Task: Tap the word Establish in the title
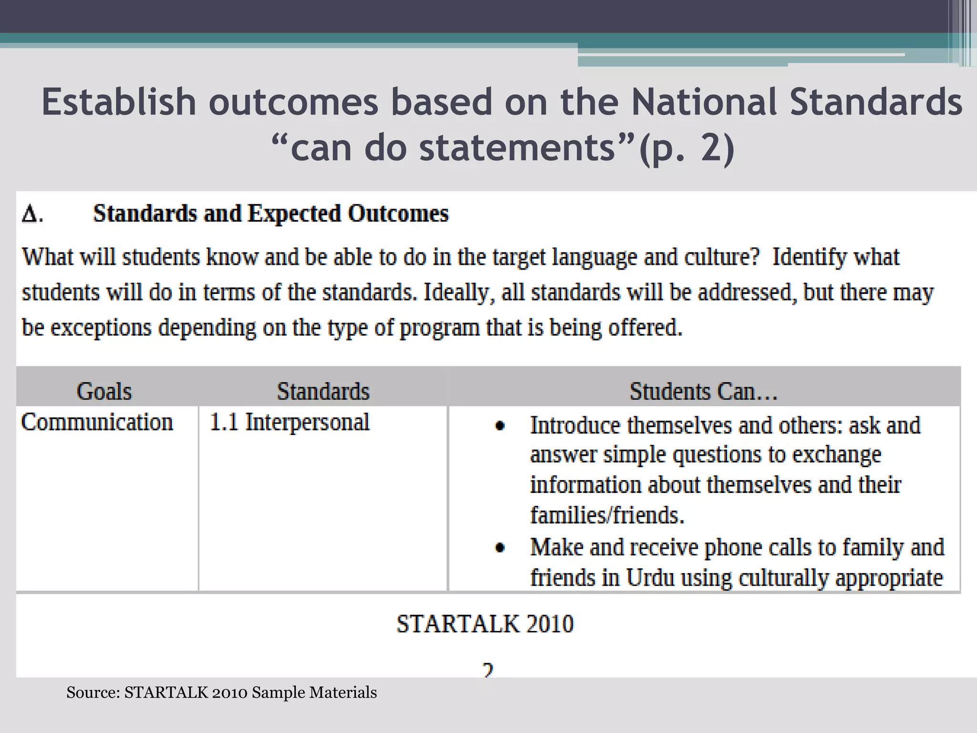pos(119,102)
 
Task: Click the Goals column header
pos(104,391)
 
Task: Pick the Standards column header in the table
pos(323,391)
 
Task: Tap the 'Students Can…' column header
pos(703,391)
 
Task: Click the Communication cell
pos(97,422)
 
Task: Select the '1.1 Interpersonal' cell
pos(289,422)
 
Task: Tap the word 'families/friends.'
pos(607,515)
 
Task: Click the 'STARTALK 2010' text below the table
pos(485,624)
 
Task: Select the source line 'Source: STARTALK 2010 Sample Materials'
pos(221,692)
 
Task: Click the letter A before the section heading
pos(31,213)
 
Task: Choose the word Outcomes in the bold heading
pos(398,213)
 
